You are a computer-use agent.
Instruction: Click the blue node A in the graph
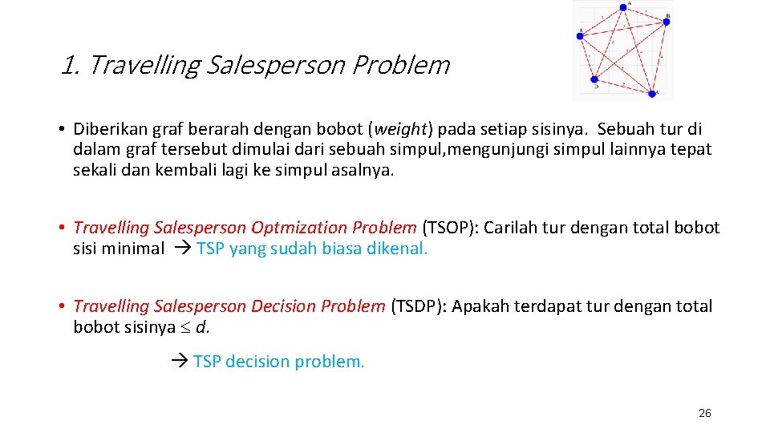(623, 7)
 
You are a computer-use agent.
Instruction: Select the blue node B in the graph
(666, 22)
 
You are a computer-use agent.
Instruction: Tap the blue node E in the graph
(580, 35)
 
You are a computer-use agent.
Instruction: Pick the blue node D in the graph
(594, 79)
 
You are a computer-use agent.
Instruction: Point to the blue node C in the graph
(651, 93)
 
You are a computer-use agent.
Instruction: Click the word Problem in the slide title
(401, 65)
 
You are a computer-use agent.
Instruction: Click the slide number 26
(704, 413)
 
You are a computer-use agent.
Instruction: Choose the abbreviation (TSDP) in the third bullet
(416, 306)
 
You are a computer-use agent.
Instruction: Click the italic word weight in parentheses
(401, 129)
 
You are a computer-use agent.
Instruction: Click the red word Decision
(284, 306)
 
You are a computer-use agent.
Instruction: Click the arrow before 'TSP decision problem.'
(180, 362)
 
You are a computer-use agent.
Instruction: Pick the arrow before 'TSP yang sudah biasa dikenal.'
(182, 249)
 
